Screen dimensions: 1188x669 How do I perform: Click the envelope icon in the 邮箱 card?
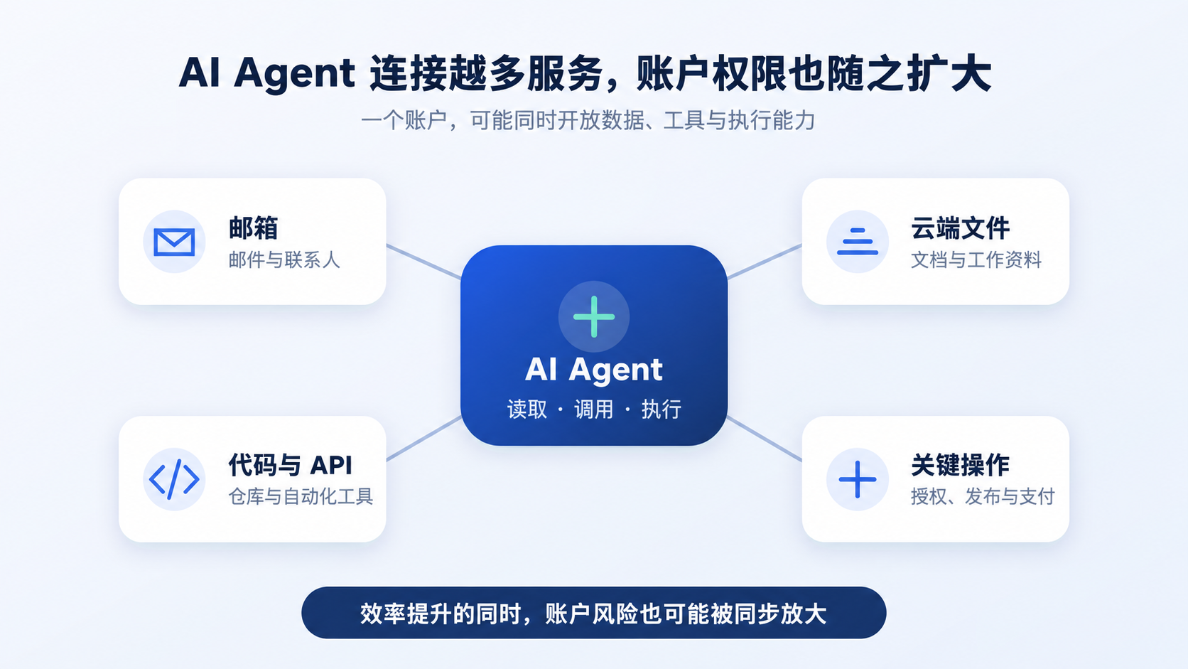point(174,242)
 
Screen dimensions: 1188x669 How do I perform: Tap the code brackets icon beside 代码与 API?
point(174,480)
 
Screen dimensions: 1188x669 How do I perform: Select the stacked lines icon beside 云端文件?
point(858,242)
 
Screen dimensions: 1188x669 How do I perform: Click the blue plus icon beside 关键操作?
point(858,480)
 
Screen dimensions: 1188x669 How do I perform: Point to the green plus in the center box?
point(594,317)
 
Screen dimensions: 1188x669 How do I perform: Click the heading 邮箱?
point(254,228)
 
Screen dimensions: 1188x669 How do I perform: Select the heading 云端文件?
point(961,228)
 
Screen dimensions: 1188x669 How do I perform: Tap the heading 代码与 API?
point(290,465)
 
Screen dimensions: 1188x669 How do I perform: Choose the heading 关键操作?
point(961,465)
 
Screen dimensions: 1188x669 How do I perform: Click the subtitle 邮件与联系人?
point(284,260)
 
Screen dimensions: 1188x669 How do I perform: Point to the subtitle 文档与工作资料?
point(976,260)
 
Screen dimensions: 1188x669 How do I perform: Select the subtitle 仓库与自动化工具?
point(301,496)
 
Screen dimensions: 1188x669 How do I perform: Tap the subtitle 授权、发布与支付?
point(983,496)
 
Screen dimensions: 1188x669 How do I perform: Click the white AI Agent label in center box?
point(594,369)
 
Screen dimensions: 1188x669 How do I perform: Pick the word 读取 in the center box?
point(527,409)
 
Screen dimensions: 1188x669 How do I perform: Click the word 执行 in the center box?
point(661,409)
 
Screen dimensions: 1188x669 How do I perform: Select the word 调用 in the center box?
point(594,409)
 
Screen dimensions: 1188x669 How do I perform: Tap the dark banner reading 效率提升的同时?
point(594,613)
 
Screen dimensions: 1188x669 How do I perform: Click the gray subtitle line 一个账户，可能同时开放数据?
point(588,120)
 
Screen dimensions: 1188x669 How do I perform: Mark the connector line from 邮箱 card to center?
point(423,262)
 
